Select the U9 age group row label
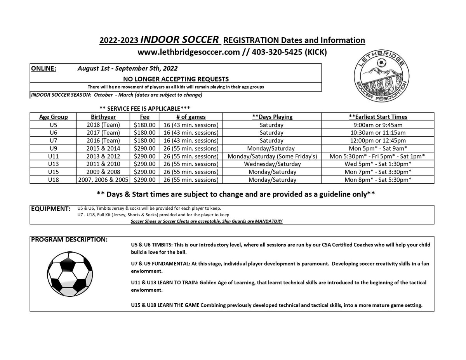[x=54, y=148]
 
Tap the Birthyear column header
[x=103, y=117]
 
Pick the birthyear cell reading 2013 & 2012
[x=103, y=156]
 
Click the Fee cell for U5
[x=144, y=125]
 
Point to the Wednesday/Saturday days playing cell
[x=272, y=164]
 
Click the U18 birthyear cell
[x=103, y=180]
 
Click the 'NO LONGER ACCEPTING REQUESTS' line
[x=176, y=78]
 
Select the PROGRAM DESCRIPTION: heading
[x=69, y=240]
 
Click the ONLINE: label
[x=44, y=68]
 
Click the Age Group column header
[x=54, y=117]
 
